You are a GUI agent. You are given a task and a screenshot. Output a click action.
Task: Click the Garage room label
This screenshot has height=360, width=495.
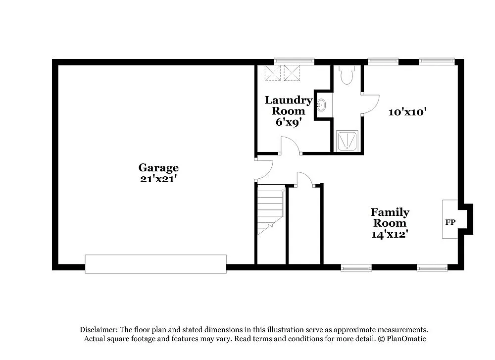(x=158, y=168)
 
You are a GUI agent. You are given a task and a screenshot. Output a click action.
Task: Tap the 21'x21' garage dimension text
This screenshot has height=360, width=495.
(x=158, y=179)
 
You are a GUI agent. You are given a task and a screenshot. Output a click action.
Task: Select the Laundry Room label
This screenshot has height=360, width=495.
(x=289, y=105)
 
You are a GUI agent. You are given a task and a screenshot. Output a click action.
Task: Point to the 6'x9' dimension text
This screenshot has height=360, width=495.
(x=289, y=122)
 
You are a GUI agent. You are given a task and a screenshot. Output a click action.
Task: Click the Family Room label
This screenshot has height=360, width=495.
(x=390, y=217)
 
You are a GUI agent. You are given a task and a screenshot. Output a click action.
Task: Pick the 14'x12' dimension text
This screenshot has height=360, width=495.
(x=390, y=234)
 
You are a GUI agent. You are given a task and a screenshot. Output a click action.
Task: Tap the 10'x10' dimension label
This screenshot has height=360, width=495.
(x=407, y=112)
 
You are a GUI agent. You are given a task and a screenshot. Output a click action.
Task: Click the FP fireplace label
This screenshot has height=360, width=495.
(x=450, y=222)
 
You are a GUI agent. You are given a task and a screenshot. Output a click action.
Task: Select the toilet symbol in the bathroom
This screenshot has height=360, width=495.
(x=346, y=74)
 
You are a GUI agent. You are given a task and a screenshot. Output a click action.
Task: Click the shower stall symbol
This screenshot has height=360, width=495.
(x=347, y=140)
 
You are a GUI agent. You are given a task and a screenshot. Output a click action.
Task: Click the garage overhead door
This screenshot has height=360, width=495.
(x=155, y=264)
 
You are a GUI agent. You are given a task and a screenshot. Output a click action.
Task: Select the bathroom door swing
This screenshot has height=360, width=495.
(x=370, y=103)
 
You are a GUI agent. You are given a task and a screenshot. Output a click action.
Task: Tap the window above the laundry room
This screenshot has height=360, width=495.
(x=295, y=61)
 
